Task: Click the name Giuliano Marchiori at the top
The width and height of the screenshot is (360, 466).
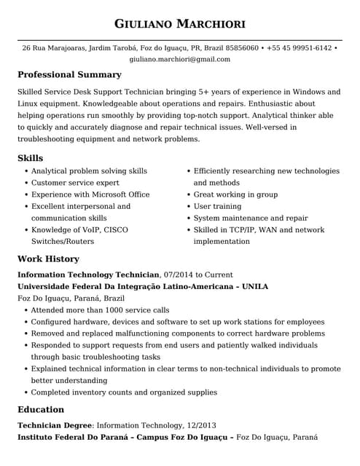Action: tap(179, 23)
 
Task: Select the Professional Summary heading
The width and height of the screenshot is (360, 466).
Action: tap(69, 75)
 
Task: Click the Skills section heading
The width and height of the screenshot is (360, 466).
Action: tap(30, 158)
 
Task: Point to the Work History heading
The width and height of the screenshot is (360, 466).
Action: tap(48, 259)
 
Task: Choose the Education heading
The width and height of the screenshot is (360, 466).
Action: tap(41, 410)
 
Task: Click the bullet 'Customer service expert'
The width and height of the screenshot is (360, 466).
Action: tap(75, 183)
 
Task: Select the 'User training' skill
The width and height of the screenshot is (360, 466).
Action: tap(217, 206)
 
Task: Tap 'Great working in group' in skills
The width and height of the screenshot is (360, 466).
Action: tap(235, 194)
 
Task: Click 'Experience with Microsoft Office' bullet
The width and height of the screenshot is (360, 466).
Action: tap(90, 194)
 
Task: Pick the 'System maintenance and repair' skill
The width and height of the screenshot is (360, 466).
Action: tap(251, 218)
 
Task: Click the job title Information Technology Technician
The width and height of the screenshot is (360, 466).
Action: tap(88, 275)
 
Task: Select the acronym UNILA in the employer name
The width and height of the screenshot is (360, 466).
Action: tap(254, 287)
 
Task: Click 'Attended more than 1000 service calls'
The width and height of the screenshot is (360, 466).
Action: tap(100, 310)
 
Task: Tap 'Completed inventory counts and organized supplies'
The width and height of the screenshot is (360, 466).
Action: tap(124, 392)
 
